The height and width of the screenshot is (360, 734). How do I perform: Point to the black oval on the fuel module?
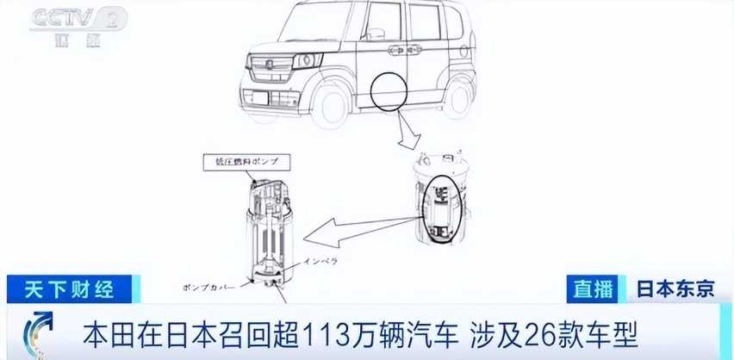pos(444,208)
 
